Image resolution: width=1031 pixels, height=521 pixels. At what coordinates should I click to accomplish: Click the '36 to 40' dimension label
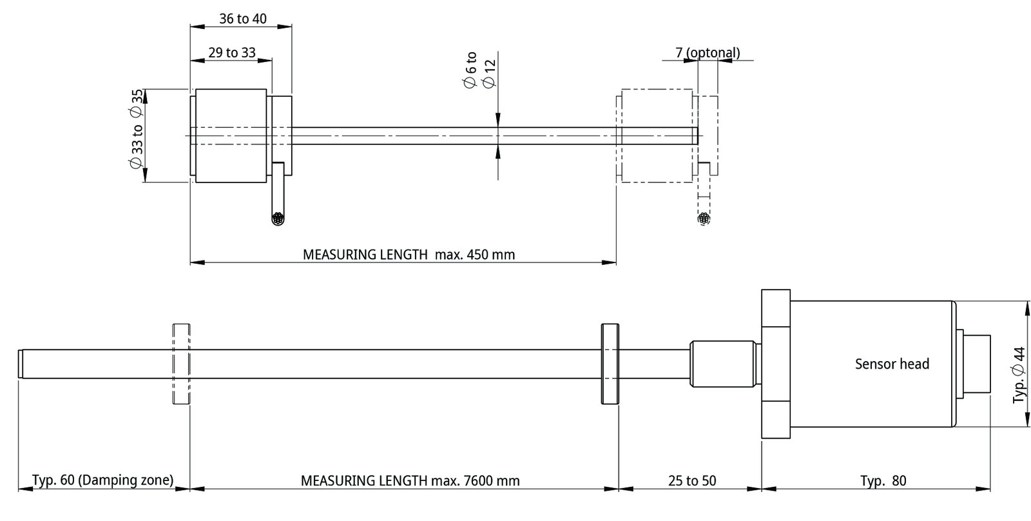click(x=242, y=19)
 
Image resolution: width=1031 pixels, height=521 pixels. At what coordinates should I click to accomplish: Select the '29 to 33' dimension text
click(x=231, y=52)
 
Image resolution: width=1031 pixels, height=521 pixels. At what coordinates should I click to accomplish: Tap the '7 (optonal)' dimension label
click(x=708, y=52)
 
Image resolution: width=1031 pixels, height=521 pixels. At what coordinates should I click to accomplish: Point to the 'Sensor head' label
click(x=892, y=364)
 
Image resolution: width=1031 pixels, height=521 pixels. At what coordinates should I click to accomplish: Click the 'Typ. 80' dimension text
click(x=883, y=480)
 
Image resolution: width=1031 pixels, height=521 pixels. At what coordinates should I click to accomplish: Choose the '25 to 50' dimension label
click(x=692, y=480)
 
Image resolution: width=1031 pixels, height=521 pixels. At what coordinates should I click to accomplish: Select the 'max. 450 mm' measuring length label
click(x=474, y=254)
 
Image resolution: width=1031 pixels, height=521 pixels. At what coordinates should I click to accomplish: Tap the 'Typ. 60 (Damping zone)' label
click(x=102, y=480)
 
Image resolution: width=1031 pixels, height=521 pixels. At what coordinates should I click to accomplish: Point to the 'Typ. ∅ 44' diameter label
click(x=1019, y=375)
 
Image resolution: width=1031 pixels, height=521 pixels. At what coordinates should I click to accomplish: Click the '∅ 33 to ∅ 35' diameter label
click(x=136, y=129)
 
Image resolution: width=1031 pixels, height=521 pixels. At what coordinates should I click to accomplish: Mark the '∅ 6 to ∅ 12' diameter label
click(x=479, y=70)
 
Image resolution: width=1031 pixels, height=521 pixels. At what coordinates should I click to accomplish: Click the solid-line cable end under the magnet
click(x=278, y=219)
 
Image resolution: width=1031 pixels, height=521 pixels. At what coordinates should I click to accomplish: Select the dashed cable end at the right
click(x=704, y=219)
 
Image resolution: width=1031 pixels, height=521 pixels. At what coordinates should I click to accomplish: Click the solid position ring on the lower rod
click(x=610, y=364)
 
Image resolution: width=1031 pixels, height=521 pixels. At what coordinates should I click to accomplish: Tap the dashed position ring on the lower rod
click(x=181, y=364)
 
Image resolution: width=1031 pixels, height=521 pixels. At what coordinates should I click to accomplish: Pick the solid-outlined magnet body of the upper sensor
click(x=231, y=136)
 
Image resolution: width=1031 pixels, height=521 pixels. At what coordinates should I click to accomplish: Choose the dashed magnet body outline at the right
click(x=657, y=136)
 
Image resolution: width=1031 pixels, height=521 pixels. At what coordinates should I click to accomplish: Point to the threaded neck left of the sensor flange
click(x=724, y=364)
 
